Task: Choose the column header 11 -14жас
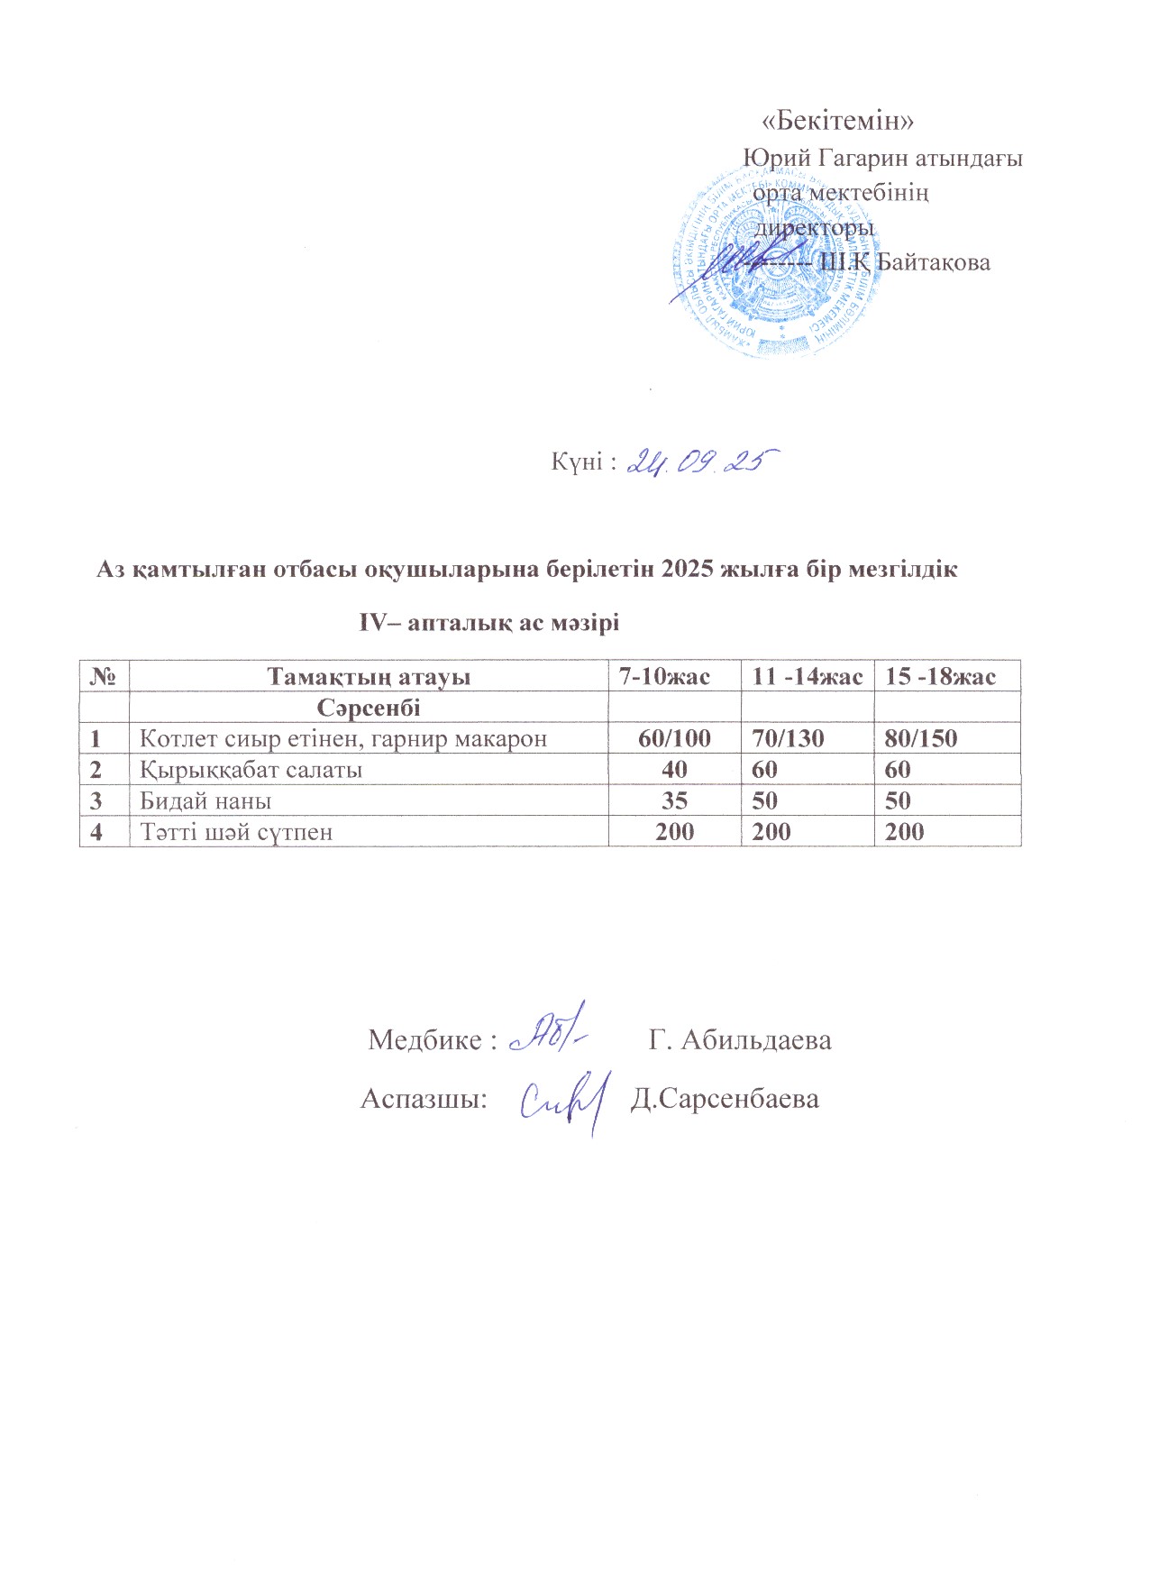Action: tap(807, 676)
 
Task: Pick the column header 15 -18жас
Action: tap(940, 676)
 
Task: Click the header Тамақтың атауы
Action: tap(369, 676)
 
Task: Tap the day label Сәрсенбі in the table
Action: tap(369, 708)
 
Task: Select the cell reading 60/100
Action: tap(674, 738)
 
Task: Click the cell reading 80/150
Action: tap(920, 738)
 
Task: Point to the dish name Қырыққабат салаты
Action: tap(251, 770)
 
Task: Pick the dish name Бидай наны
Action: tap(205, 800)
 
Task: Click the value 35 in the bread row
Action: tap(674, 800)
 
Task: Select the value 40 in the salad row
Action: tap(674, 770)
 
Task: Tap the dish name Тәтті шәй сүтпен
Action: tap(236, 831)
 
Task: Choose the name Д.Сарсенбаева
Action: tap(725, 1099)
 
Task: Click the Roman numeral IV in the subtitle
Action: tap(372, 622)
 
